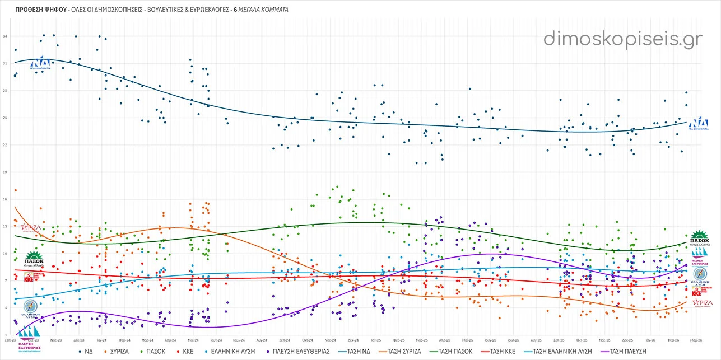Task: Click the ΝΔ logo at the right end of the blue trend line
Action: coord(699,124)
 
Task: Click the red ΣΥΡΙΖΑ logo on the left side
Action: coord(30,228)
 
